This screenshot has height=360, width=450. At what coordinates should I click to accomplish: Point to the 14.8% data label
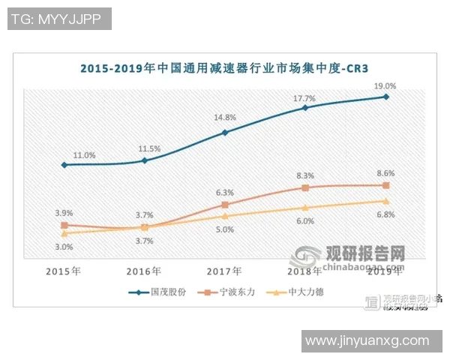[x=225, y=118]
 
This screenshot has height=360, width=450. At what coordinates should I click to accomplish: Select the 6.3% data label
[x=225, y=192]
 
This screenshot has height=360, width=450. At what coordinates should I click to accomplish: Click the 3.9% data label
[x=64, y=212]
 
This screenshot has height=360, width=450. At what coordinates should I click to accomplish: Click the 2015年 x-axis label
[x=64, y=270]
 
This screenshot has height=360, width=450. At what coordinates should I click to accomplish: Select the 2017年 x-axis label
[x=225, y=270]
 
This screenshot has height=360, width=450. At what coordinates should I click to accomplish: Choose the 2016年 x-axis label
[x=145, y=270]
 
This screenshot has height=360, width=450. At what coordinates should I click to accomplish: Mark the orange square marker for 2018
[x=305, y=187]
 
